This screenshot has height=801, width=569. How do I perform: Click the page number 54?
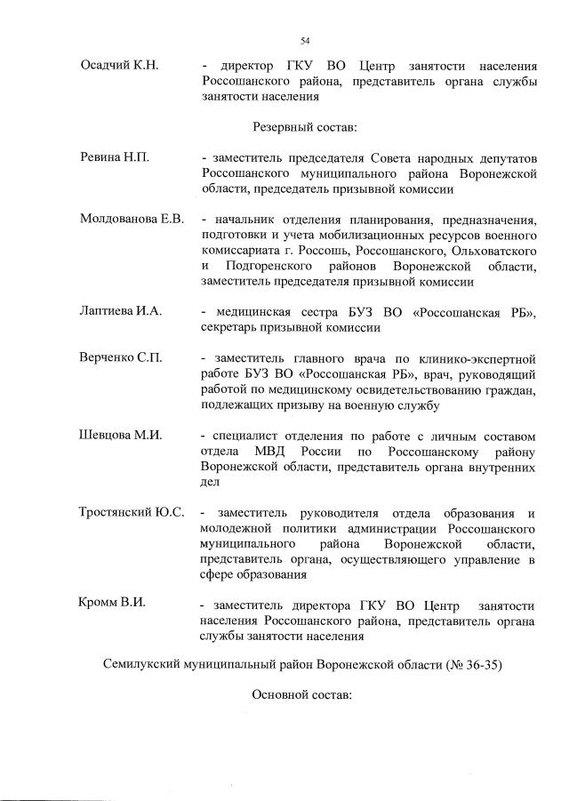click(305, 40)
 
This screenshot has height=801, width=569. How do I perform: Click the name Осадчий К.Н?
click(119, 66)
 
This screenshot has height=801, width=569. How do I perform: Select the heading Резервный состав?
click(305, 127)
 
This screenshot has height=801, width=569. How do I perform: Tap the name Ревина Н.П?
click(115, 157)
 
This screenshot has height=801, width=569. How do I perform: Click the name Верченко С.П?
click(121, 359)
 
